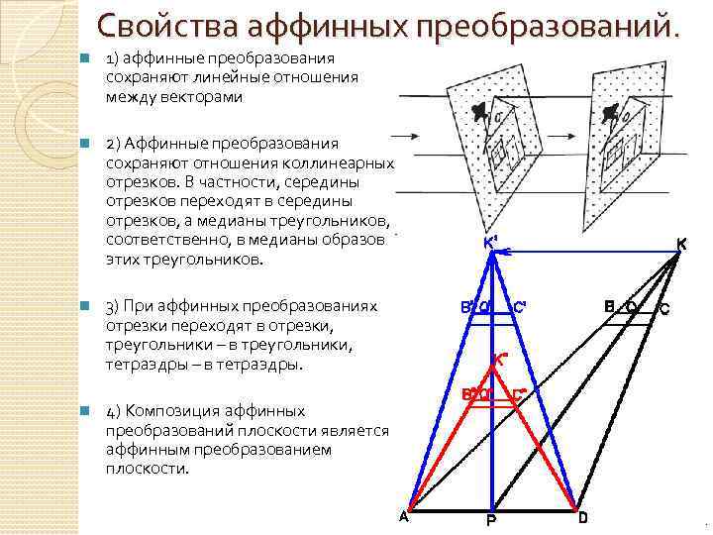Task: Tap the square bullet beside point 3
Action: coord(87,305)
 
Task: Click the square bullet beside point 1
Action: coord(87,59)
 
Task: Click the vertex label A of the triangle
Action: coord(403,515)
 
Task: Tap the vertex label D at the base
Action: coord(582,516)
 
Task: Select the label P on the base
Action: coord(490,521)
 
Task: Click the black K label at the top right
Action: coord(681,243)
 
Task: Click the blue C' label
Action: coord(520,306)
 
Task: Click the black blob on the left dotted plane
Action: coord(481,111)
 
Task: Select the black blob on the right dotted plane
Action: coord(610,111)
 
